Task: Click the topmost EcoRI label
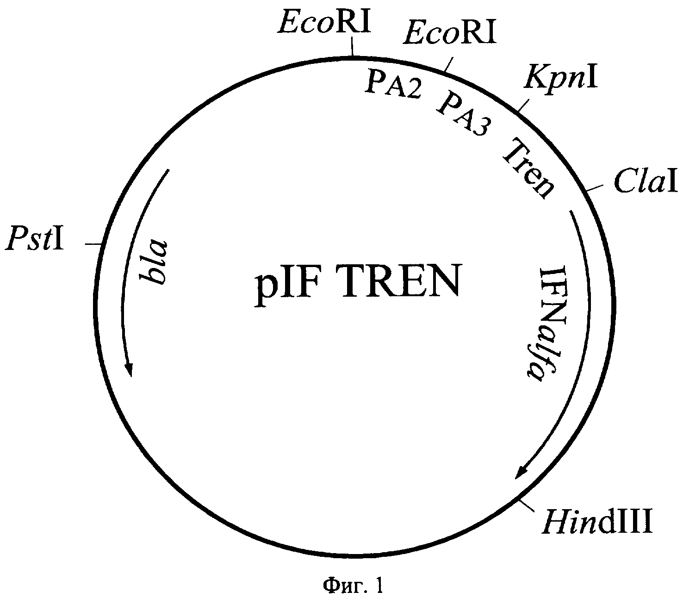tap(324, 21)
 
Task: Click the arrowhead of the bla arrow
tap(129, 370)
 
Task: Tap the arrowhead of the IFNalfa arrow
tap(522, 472)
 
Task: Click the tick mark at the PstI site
tap(93, 243)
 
